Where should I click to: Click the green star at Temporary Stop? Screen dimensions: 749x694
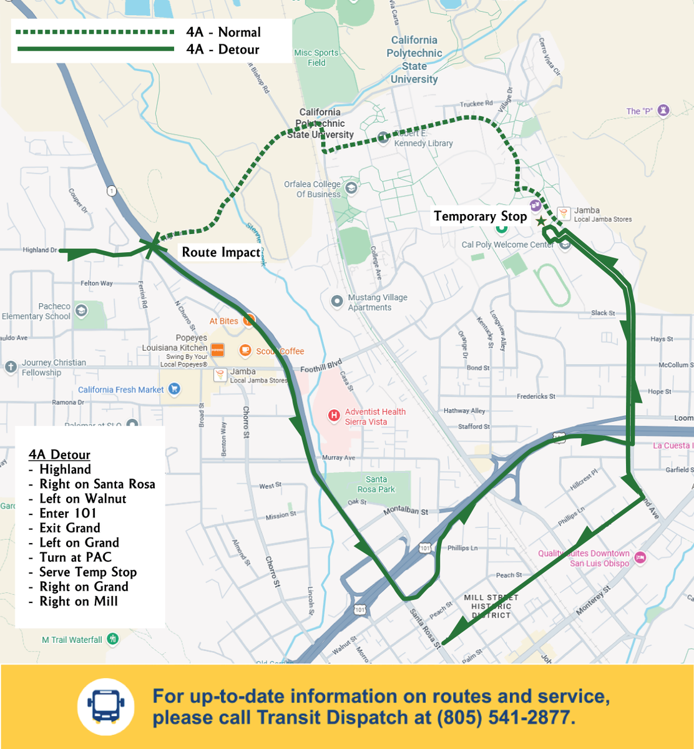(x=540, y=221)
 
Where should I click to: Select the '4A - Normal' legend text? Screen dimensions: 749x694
(x=223, y=32)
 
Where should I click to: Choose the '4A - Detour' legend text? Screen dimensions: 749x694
(x=223, y=49)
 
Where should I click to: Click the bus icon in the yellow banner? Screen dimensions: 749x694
(x=105, y=707)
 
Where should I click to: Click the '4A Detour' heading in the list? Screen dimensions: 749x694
(x=59, y=454)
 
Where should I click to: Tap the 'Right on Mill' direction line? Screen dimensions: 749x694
(x=78, y=601)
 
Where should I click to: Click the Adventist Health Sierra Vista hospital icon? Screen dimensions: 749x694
(x=335, y=414)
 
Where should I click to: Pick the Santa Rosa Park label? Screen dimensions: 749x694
(x=376, y=484)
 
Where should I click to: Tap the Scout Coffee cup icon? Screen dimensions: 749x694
(x=245, y=350)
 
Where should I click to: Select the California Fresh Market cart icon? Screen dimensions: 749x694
(x=174, y=389)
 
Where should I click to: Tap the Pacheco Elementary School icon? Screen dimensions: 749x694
(x=81, y=311)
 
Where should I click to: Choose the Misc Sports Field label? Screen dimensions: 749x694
(x=316, y=58)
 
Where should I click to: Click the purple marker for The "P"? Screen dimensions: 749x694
(x=663, y=111)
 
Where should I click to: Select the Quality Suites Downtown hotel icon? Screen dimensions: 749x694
(x=640, y=557)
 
